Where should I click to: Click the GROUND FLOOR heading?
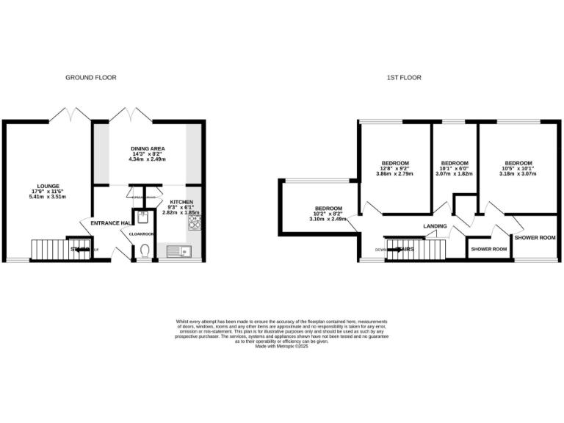click(x=91, y=77)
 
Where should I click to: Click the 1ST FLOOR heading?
click(x=404, y=77)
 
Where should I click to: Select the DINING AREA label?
click(x=148, y=147)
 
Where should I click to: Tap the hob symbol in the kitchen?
click(x=195, y=221)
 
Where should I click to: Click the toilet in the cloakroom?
click(x=145, y=251)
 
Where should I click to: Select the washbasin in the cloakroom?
click(x=145, y=216)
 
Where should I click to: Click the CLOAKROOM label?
click(x=142, y=234)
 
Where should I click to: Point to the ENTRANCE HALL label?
click(x=110, y=223)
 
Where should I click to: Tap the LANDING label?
click(x=436, y=226)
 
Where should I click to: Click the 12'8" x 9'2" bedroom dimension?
click(x=395, y=168)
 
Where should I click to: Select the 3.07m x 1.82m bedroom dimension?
click(x=454, y=174)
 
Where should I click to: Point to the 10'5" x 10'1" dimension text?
click(x=518, y=168)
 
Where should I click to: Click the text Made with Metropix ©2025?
click(x=281, y=346)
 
